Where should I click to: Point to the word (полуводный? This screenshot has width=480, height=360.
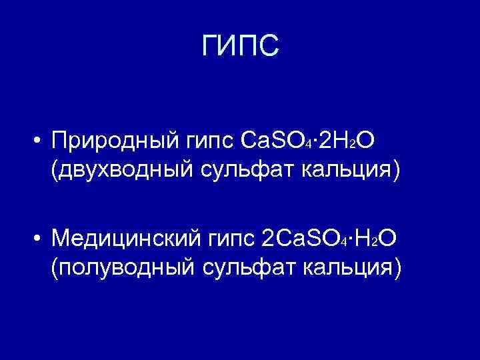pos(120,267)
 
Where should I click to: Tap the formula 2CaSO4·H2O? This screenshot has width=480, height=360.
pos(331,237)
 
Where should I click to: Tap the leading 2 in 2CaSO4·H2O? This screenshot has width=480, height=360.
pos(269,237)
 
